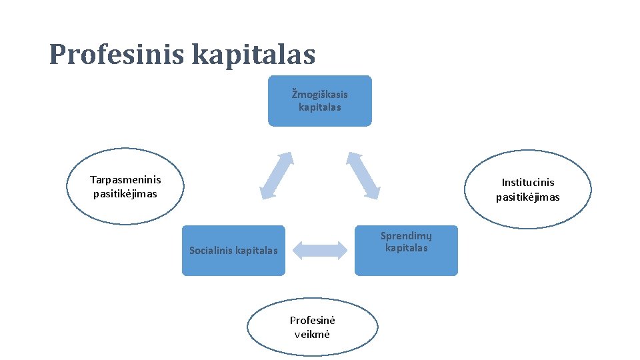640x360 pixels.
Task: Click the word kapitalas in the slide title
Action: (x=253, y=55)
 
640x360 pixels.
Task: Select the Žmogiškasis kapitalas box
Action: (x=319, y=101)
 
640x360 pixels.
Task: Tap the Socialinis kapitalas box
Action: (x=233, y=251)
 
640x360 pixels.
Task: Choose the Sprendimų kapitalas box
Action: (x=406, y=251)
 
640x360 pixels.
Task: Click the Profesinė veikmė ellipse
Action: (x=312, y=327)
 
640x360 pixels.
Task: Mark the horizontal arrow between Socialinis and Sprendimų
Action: (x=320, y=251)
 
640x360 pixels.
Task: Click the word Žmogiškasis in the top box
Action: (x=319, y=94)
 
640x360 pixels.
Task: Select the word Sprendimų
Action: (x=406, y=235)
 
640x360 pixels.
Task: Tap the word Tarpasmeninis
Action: (x=125, y=179)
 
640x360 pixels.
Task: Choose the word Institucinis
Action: (x=527, y=183)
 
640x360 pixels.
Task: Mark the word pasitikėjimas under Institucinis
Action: (x=527, y=197)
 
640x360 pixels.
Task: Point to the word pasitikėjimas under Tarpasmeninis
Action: (x=125, y=194)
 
